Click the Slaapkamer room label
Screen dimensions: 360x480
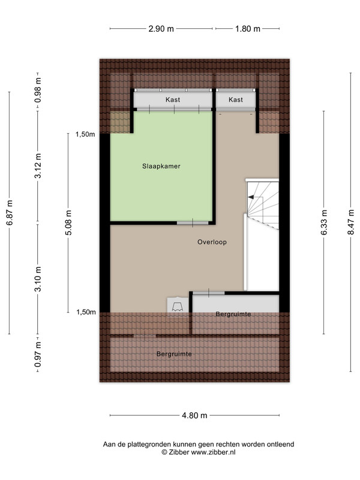(161, 166)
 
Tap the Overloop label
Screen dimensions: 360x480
(212, 242)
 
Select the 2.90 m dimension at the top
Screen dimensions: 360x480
(161, 29)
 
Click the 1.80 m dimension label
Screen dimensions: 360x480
(248, 29)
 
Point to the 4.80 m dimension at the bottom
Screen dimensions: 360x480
(194, 415)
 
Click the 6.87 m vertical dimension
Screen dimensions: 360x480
(10, 213)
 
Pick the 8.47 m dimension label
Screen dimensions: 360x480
(351, 222)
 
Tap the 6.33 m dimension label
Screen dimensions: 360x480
(324, 222)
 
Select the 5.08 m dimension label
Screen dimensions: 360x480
(68, 223)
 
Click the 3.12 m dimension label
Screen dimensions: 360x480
(38, 166)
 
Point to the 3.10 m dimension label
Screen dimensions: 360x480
(38, 279)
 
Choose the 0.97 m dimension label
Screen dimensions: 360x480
(38, 355)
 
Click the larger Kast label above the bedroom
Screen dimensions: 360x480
(173, 100)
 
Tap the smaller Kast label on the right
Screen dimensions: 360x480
(236, 100)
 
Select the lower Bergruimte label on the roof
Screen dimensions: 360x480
(174, 354)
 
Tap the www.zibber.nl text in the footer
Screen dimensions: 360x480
(214, 452)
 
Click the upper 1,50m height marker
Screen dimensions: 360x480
(85, 134)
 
